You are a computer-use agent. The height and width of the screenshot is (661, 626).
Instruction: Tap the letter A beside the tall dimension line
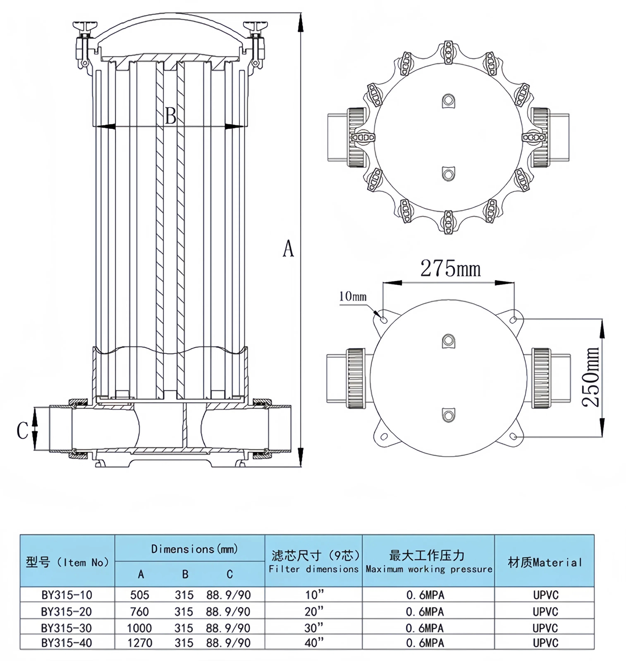pos(288,249)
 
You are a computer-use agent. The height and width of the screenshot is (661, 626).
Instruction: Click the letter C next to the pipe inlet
pos(22,430)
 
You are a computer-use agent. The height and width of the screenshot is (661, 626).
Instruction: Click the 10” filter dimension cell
pos(314,595)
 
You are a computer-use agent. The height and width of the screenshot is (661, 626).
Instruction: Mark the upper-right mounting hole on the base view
pos(514,319)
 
